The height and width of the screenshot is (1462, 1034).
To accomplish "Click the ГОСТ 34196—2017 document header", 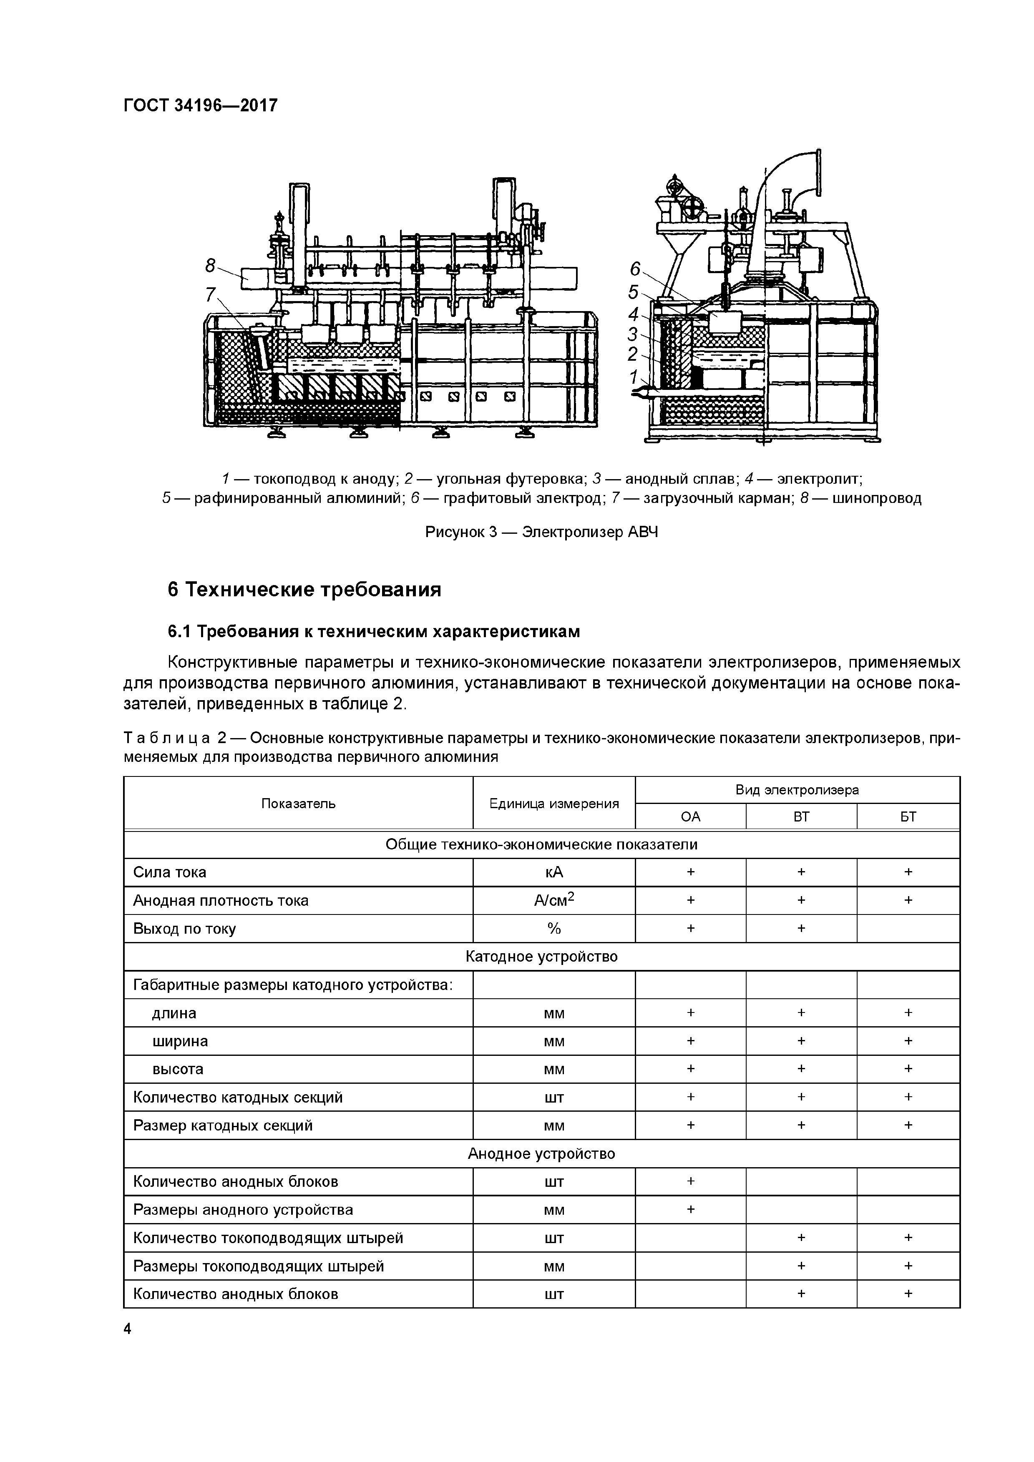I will tap(201, 105).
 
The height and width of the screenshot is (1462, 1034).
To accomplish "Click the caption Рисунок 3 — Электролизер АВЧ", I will tap(541, 532).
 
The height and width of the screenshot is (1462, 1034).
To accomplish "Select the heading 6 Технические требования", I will tap(304, 590).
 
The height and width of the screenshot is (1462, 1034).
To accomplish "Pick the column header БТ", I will tap(908, 816).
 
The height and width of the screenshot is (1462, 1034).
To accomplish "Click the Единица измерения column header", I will tap(553, 804).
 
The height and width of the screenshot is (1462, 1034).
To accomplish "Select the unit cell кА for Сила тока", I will tap(553, 872).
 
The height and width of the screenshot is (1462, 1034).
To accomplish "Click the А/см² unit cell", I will tap(553, 900).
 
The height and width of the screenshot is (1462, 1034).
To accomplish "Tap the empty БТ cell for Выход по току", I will tap(908, 928).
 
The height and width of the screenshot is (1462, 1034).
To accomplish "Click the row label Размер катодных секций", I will tap(223, 1125).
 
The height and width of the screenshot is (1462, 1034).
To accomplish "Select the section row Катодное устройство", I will tap(541, 957).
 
